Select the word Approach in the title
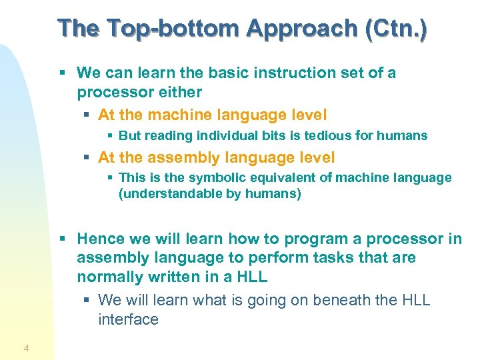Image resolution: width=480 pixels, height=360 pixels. pyautogui.click(x=302, y=28)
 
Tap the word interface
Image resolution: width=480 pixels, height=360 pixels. pyautogui.click(x=128, y=319)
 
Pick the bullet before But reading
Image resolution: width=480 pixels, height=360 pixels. pyautogui.click(x=111, y=136)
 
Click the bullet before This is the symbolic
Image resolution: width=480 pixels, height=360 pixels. pyautogui.click(x=111, y=179)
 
